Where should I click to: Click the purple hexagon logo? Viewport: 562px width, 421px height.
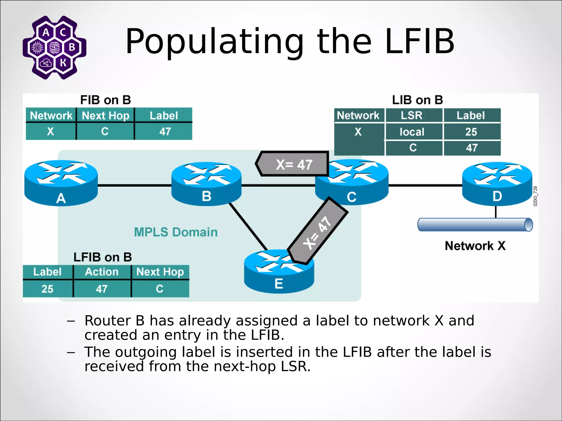click(54, 47)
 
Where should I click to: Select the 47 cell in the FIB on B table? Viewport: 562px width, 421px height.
click(165, 132)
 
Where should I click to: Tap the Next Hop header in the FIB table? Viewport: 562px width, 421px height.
click(105, 116)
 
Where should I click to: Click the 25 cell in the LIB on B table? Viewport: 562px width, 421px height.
click(471, 132)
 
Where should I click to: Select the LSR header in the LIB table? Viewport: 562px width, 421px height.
click(411, 115)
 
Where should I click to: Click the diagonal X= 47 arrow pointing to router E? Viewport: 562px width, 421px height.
click(318, 232)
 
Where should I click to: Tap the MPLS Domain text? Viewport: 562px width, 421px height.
click(176, 232)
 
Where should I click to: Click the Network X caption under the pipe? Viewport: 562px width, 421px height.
click(475, 246)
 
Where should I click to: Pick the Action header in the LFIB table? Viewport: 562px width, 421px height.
click(102, 272)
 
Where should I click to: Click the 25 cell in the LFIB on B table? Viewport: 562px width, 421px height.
click(47, 289)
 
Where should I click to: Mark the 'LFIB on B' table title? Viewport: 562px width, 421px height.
click(103, 257)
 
